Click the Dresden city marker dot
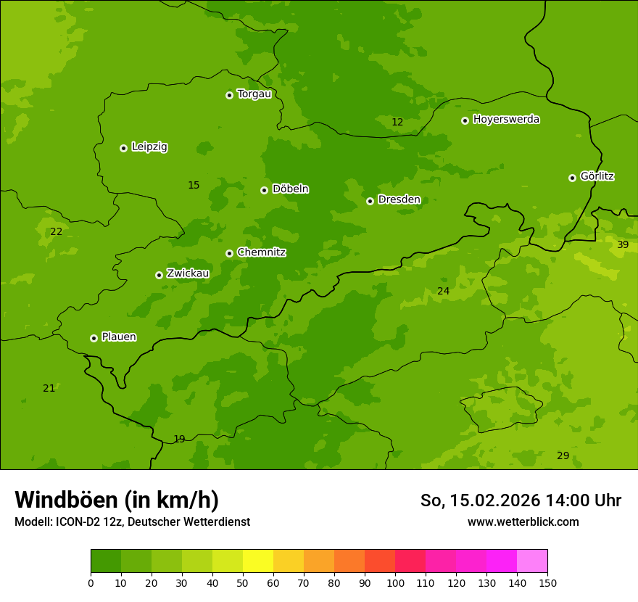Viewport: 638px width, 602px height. pyautogui.click(x=370, y=201)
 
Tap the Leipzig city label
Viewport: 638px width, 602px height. pyautogui.click(x=149, y=147)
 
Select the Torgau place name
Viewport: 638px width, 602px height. pyautogui.click(x=254, y=94)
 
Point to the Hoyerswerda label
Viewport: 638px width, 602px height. pyautogui.click(x=506, y=119)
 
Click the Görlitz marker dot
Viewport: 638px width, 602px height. pyautogui.click(x=572, y=178)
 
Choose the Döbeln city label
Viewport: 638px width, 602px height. pyautogui.click(x=290, y=189)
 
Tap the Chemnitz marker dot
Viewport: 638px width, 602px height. pyautogui.click(x=229, y=253)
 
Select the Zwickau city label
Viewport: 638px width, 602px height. pyautogui.click(x=188, y=273)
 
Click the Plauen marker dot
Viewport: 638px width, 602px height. pyautogui.click(x=94, y=338)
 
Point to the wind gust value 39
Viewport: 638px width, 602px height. pyautogui.click(x=623, y=244)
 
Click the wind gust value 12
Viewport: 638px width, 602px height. pyautogui.click(x=397, y=122)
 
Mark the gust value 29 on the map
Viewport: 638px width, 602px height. pyautogui.click(x=563, y=455)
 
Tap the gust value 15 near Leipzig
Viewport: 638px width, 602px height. pyautogui.click(x=194, y=185)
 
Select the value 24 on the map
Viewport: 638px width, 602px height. pyautogui.click(x=443, y=291)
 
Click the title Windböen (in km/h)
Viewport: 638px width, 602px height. pyautogui.click(x=117, y=500)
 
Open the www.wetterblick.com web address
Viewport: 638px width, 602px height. pyautogui.click(x=523, y=521)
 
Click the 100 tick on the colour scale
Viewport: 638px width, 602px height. pyautogui.click(x=395, y=582)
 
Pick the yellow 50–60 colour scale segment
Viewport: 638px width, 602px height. pyautogui.click(x=258, y=561)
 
